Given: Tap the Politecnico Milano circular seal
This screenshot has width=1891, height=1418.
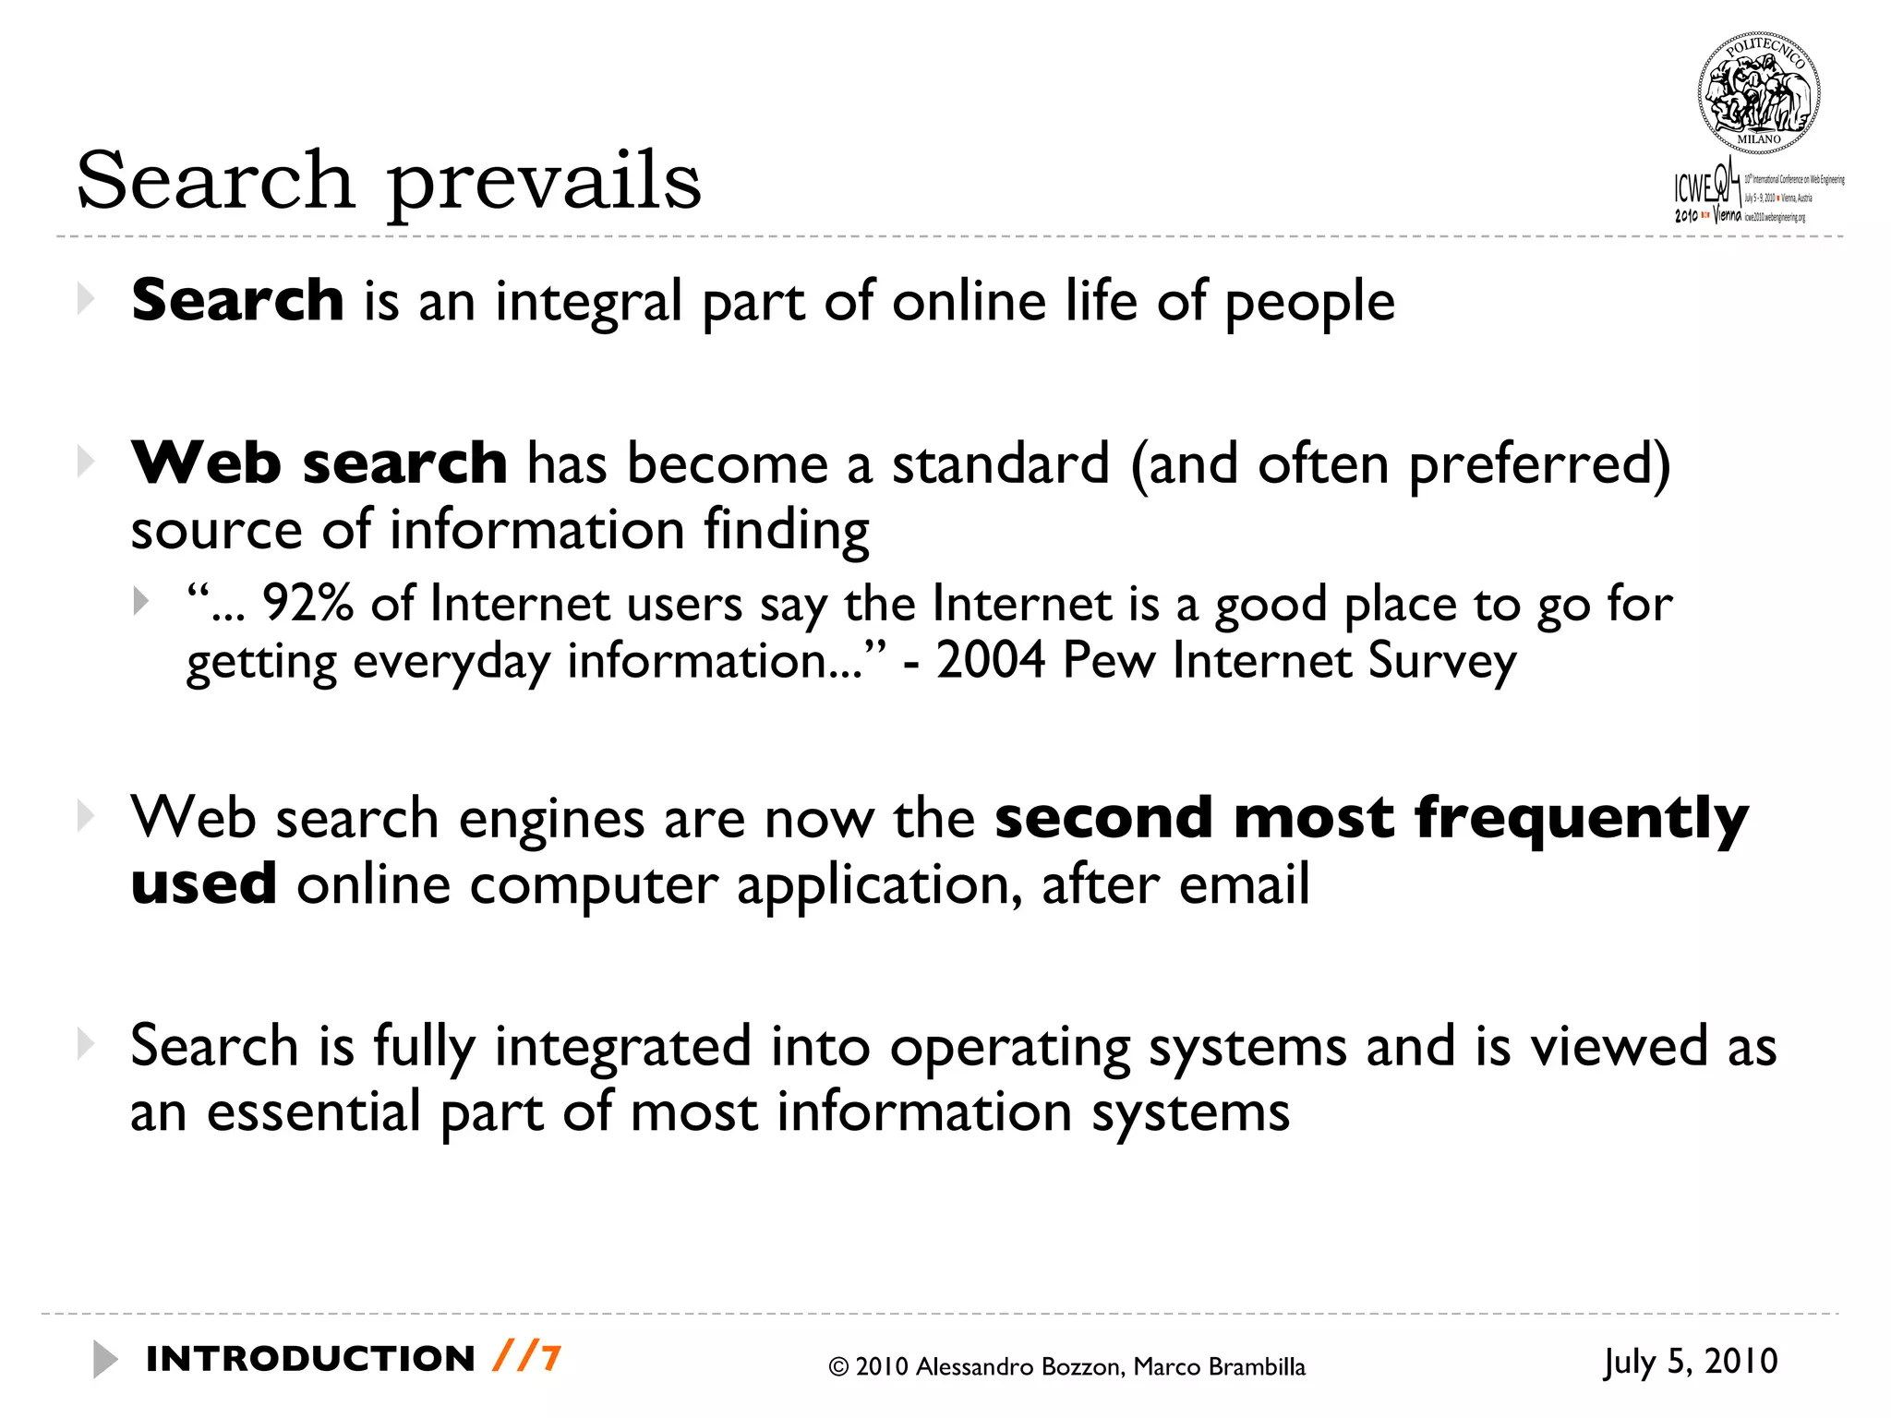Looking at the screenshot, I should (x=1758, y=93).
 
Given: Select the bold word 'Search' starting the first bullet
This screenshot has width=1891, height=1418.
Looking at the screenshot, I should (x=237, y=301).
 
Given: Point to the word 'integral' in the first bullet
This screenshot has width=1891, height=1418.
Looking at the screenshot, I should (x=588, y=303).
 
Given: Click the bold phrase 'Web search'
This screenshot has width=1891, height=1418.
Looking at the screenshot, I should (x=319, y=463).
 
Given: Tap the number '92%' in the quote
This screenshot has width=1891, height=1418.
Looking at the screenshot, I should (x=307, y=605).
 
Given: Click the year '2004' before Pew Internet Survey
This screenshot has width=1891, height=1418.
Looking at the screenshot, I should (x=991, y=661).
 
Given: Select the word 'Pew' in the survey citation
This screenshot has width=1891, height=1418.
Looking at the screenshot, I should (x=1108, y=661).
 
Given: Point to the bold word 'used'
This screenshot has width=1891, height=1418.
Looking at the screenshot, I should (x=203, y=884).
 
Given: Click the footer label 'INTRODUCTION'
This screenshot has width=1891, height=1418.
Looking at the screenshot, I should (x=310, y=1359).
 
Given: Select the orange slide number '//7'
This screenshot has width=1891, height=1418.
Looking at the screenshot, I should (x=526, y=1358).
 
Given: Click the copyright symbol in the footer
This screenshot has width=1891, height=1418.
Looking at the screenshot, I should (x=838, y=1367).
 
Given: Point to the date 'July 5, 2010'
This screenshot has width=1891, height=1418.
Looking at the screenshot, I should (x=1690, y=1362).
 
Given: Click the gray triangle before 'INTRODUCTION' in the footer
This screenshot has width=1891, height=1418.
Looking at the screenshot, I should (x=104, y=1359).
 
